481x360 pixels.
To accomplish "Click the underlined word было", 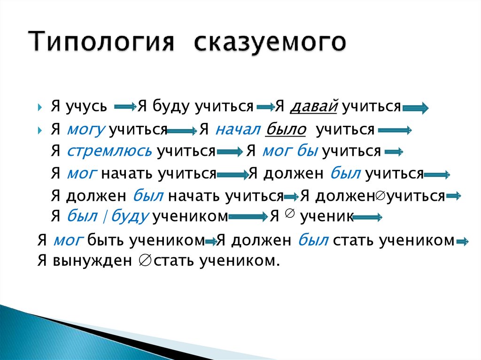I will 286,130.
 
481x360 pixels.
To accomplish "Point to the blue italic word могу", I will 86,130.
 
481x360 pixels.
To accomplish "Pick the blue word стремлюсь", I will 109,151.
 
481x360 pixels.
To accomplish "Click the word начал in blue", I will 238,130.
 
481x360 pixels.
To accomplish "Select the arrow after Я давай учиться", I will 415,109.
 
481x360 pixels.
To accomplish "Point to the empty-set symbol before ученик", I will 289,214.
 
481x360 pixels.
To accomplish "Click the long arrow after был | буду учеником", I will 249,217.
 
